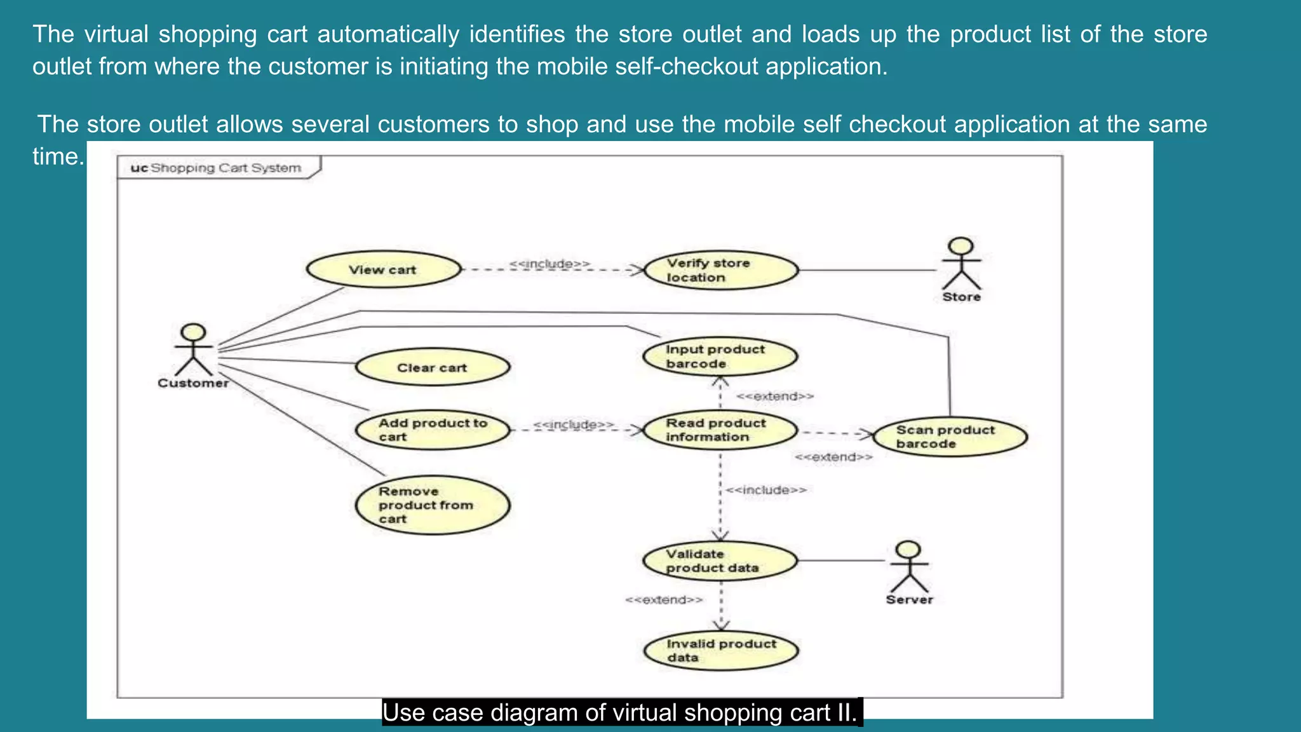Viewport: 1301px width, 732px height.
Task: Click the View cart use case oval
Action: (x=384, y=269)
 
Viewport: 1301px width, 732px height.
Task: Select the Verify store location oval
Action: (x=721, y=270)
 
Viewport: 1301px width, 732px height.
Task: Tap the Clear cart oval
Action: (x=432, y=367)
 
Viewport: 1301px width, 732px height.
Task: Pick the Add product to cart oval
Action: (x=432, y=430)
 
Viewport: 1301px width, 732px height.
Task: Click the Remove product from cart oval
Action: (x=432, y=505)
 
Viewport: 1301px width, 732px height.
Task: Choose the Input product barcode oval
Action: (x=720, y=356)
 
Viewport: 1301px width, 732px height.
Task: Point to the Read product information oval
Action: (x=720, y=430)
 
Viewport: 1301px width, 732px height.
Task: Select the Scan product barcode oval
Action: (x=950, y=437)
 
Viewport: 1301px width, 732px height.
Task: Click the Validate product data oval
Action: (x=720, y=561)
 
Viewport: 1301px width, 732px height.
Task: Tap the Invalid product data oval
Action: (x=721, y=651)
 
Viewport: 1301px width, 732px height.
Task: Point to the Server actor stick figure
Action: (x=909, y=567)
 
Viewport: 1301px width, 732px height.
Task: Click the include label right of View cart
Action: (x=549, y=263)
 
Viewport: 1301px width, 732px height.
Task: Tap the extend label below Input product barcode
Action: (x=774, y=396)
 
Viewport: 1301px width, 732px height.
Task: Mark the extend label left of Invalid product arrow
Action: (x=664, y=600)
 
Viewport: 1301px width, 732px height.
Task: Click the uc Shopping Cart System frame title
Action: (x=216, y=168)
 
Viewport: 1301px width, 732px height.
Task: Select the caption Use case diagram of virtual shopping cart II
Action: (x=621, y=713)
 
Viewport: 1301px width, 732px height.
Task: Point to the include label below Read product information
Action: (x=766, y=490)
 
